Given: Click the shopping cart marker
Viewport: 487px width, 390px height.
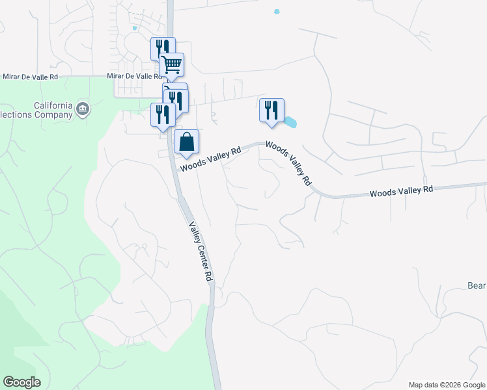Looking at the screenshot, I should [x=172, y=65].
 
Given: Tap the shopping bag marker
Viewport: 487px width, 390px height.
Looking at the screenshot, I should [x=187, y=142].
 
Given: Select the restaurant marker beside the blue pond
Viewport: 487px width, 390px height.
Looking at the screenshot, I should [x=271, y=110].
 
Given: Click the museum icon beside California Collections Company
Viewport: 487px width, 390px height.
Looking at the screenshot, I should [x=82, y=109].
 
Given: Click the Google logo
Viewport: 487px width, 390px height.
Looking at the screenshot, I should [x=21, y=382].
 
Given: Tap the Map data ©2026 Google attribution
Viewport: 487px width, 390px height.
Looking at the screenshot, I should [x=446, y=385].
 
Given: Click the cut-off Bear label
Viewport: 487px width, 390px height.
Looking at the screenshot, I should [x=477, y=285].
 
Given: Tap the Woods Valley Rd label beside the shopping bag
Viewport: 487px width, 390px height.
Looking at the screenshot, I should [x=211, y=159].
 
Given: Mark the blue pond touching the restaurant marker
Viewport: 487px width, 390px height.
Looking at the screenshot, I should [x=289, y=122].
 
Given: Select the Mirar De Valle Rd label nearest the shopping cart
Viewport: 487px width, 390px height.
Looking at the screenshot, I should [x=134, y=76].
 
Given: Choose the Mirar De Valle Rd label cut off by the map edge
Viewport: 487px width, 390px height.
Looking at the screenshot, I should [x=30, y=76].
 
